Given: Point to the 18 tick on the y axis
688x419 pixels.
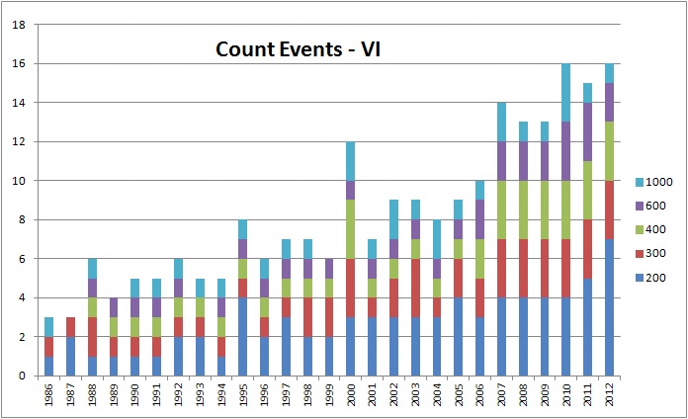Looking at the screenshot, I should pyautogui.click(x=18, y=25).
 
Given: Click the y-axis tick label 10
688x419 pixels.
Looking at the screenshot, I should pyautogui.click(x=18, y=181).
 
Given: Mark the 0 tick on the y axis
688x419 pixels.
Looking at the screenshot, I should pyautogui.click(x=21, y=376).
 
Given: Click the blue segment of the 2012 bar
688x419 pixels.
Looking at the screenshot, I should pyautogui.click(x=610, y=307).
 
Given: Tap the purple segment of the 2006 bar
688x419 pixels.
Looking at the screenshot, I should pyautogui.click(x=480, y=219).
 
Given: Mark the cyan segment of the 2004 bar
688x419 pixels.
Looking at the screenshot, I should pyautogui.click(x=437, y=239).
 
